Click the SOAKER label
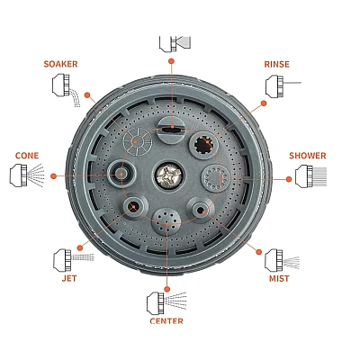pyautogui.click(x=60, y=64)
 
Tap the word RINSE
pyautogui.click(x=276, y=64)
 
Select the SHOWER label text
pyautogui.click(x=308, y=156)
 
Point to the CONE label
pyautogui.click(x=27, y=156)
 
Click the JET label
pyautogui.click(x=69, y=278)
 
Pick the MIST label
pyautogui.click(x=279, y=278)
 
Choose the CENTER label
pyautogui.click(x=166, y=321)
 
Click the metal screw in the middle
pyautogui.click(x=167, y=175)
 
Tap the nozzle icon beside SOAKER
pyautogui.click(x=67, y=90)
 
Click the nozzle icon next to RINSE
pyautogui.click(x=283, y=86)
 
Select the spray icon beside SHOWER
pyautogui.click(x=310, y=175)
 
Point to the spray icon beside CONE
pyautogui.click(x=27, y=175)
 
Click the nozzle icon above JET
pyautogui.click(x=74, y=258)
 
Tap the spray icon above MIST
pyautogui.click(x=282, y=259)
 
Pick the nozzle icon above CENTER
pyautogui.click(x=166, y=302)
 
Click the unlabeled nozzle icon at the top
pyautogui.click(x=175, y=44)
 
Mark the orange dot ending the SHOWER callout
pyautogui.click(x=289, y=179)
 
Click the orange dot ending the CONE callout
pyautogui.click(x=53, y=176)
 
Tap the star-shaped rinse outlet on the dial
pyautogui.click(x=205, y=144)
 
